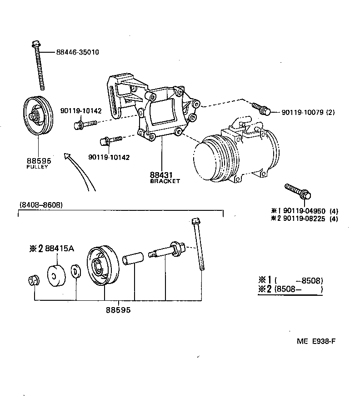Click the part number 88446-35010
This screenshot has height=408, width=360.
(x=78, y=52)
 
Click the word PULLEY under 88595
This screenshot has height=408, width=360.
(x=38, y=167)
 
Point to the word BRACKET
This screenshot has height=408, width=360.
(x=165, y=181)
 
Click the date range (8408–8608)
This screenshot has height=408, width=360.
(x=40, y=205)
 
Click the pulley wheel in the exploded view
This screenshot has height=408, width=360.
(x=102, y=266)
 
